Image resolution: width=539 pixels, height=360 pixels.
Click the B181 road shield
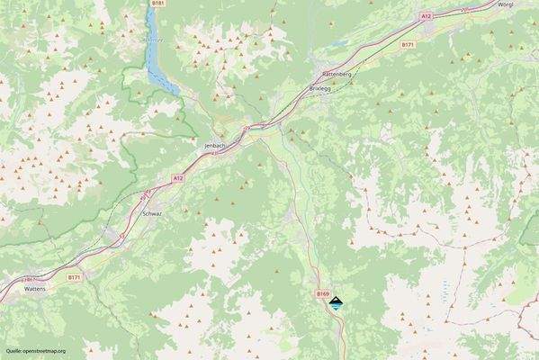(158, 4)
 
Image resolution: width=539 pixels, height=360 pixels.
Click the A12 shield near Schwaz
(178, 179)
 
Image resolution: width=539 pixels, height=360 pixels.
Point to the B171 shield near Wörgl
(408, 44)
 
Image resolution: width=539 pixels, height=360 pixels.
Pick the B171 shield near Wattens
(76, 278)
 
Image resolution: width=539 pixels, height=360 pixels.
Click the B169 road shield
(323, 293)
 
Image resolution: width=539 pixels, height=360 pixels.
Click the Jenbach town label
(214, 144)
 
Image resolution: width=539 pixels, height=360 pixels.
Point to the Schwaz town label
(152, 214)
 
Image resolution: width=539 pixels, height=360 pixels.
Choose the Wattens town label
(35, 290)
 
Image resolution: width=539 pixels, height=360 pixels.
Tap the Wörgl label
(510, 4)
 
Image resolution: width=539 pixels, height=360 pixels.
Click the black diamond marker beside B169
(336, 304)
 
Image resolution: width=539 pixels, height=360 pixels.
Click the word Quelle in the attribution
(14, 350)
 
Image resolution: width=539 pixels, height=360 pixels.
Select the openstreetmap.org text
(45, 350)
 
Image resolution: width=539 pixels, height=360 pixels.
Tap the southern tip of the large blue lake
(175, 91)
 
